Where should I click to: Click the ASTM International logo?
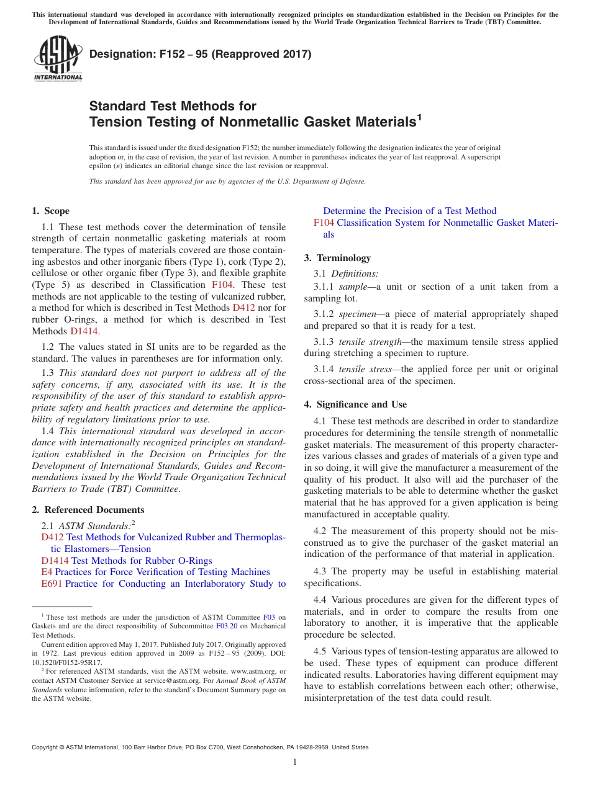tap(58, 60)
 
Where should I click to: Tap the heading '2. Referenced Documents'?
tap(88, 510)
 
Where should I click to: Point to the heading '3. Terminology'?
tap(337, 258)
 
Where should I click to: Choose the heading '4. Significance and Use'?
tap(355, 404)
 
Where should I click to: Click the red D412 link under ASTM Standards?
tap(52, 537)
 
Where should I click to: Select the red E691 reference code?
tap(52, 584)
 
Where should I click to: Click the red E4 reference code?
tap(47, 572)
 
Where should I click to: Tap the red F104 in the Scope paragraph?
tap(222, 285)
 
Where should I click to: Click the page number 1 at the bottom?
tap(295, 762)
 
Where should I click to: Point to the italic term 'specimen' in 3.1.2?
tap(357, 314)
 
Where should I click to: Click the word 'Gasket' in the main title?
tap(327, 122)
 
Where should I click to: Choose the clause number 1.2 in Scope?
tap(48, 347)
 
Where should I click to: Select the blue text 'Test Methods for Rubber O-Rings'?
tap(142, 560)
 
